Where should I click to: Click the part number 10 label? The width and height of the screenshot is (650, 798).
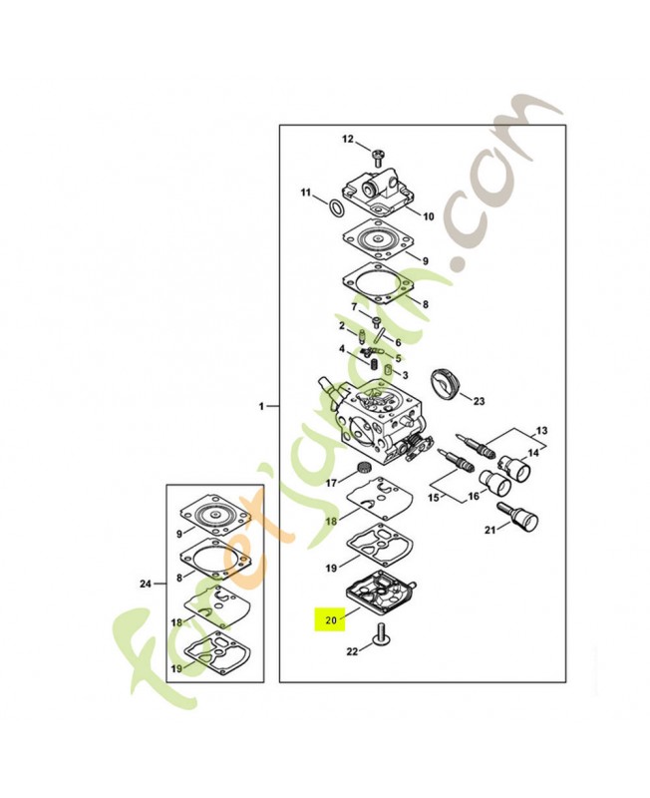coord(428,216)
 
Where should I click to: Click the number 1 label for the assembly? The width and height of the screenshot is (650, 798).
coord(261,407)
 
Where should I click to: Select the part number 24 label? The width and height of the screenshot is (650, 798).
coord(147,584)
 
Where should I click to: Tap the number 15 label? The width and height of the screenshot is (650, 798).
coord(435,496)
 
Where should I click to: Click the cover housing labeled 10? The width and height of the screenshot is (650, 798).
coord(379,192)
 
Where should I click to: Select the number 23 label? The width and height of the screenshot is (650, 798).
coord(479,402)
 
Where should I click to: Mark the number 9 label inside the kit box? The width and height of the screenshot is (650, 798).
coord(177,521)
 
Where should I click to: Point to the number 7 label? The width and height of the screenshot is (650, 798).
coord(352,306)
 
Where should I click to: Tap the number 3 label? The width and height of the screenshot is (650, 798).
coord(405,374)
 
